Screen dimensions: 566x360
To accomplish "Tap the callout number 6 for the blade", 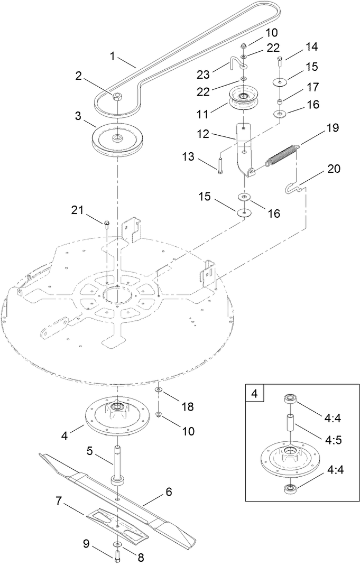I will (x=169, y=491).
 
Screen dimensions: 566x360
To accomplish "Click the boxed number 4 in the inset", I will (x=255, y=394).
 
